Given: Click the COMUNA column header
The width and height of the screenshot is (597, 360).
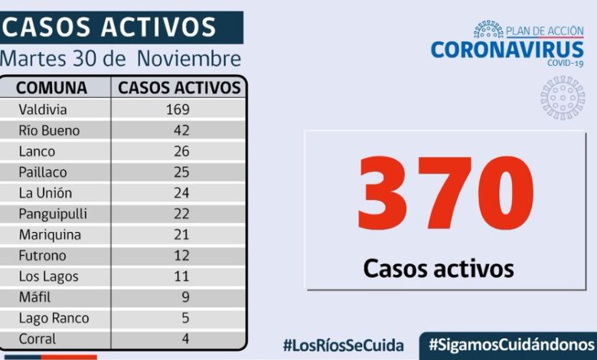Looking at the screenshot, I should click(x=51, y=87).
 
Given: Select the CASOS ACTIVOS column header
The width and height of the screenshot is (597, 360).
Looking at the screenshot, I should click(x=179, y=87).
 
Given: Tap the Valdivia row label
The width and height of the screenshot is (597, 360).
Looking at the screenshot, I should click(x=43, y=110).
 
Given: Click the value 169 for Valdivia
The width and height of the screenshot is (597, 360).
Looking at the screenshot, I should click(x=178, y=110).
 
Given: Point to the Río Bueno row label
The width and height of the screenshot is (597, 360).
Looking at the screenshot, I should click(x=49, y=130).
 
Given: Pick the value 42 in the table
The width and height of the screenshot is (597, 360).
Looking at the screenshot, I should click(x=181, y=130).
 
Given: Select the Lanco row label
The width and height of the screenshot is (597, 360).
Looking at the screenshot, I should click(x=37, y=151).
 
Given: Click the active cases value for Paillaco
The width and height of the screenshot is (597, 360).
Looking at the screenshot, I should click(x=181, y=172).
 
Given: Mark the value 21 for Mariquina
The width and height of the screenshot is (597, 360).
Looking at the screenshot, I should click(x=181, y=234).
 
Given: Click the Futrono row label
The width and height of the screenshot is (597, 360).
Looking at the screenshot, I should click(x=43, y=255).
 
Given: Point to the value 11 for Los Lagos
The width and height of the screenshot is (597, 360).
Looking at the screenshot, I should click(x=181, y=276).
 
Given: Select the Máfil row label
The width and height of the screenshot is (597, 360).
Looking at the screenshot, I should click(x=34, y=296).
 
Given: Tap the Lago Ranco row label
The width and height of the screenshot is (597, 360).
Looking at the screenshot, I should click(x=54, y=317).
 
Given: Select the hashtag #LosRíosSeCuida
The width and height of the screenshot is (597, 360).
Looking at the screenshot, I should click(x=345, y=345).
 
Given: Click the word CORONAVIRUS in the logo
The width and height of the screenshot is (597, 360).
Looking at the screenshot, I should click(x=507, y=50).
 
